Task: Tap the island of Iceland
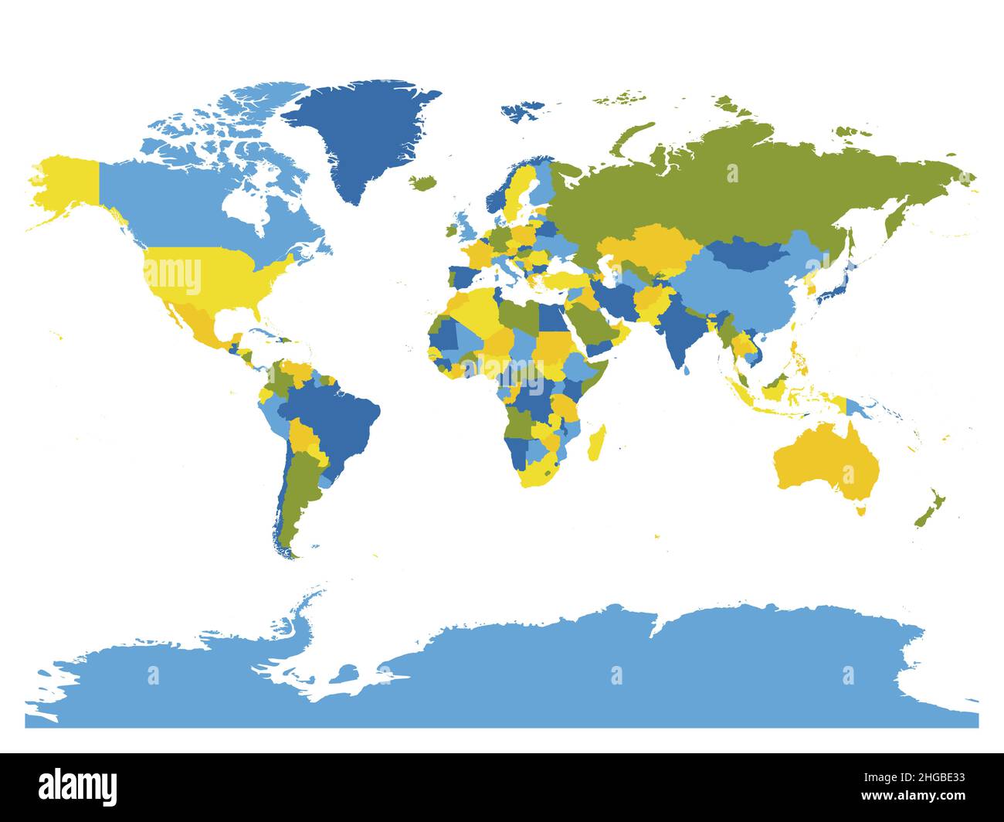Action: (x=423, y=183)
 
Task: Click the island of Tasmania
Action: (x=860, y=510)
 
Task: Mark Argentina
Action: (x=297, y=494)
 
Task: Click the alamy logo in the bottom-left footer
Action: (x=78, y=786)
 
